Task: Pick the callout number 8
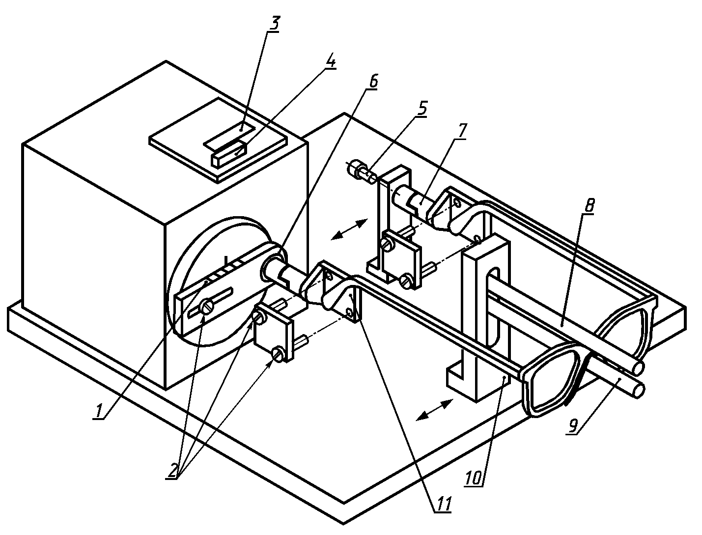tap(590, 206)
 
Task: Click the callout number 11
tap(443, 505)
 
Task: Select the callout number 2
tap(173, 471)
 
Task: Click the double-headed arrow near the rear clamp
tap(349, 228)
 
